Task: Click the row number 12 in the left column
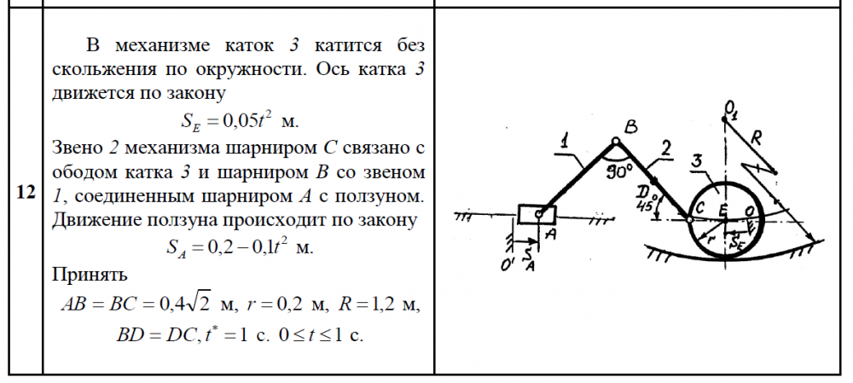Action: click(26, 192)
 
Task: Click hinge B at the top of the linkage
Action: click(615, 142)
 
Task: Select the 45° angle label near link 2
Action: click(645, 206)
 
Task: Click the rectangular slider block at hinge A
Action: click(537, 214)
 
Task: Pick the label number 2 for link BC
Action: click(665, 147)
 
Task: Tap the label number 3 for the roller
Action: click(698, 161)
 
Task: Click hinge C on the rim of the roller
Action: click(689, 220)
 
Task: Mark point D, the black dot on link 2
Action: click(654, 179)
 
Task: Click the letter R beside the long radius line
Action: click(756, 139)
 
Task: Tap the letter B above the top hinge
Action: click(631, 127)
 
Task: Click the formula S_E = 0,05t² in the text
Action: click(240, 121)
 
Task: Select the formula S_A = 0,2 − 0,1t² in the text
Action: click(240, 247)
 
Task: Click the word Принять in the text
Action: click(90, 275)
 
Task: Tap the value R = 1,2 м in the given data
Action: click(380, 305)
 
